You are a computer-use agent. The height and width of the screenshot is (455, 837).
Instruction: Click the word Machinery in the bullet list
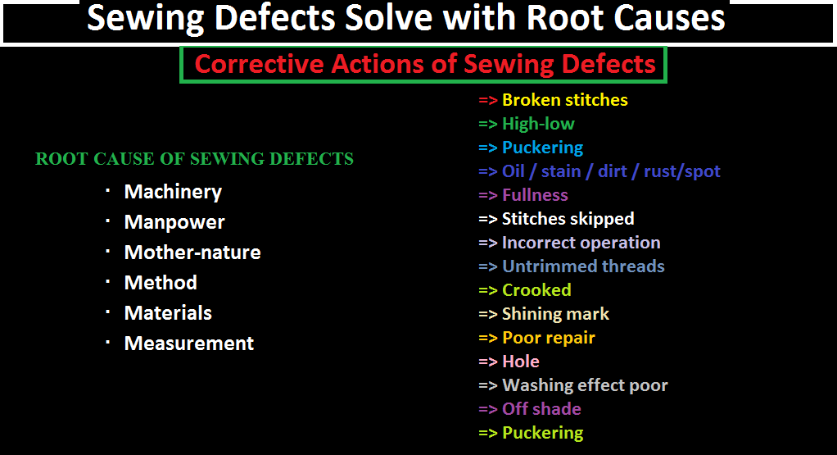coord(173,192)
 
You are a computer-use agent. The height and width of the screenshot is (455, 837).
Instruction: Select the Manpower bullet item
coord(174,222)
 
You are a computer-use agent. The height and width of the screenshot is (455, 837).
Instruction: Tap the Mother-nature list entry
coord(192,253)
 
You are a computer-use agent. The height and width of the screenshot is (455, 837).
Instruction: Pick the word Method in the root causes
coord(161,283)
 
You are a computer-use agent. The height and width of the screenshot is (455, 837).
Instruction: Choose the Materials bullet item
coord(168,313)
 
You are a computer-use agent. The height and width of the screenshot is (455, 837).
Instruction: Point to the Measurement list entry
coord(189,344)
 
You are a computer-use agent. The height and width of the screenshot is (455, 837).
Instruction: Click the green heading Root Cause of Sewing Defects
coord(194,159)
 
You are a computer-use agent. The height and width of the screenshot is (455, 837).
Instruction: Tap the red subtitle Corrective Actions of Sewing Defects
coord(425,64)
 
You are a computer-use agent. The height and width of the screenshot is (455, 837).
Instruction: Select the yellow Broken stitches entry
coord(564,100)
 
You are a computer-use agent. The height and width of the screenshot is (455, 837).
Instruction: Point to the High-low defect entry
coord(538,124)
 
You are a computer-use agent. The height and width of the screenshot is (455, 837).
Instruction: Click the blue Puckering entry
coord(542,148)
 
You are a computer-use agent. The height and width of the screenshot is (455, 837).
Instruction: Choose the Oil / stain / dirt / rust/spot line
coord(611,171)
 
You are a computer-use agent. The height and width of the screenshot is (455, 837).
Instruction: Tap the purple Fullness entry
coord(535,195)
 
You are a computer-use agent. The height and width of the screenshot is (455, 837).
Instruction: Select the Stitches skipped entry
coord(568,219)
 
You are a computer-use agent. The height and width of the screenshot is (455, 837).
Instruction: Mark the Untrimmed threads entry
coord(583,266)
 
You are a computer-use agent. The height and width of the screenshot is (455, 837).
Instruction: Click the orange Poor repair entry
coord(548,338)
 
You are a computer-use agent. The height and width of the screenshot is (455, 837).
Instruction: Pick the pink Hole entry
coord(520,362)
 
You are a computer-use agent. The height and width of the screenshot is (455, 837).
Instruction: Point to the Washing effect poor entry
coord(585,385)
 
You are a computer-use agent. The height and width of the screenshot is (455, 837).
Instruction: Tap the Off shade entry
coord(541,409)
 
